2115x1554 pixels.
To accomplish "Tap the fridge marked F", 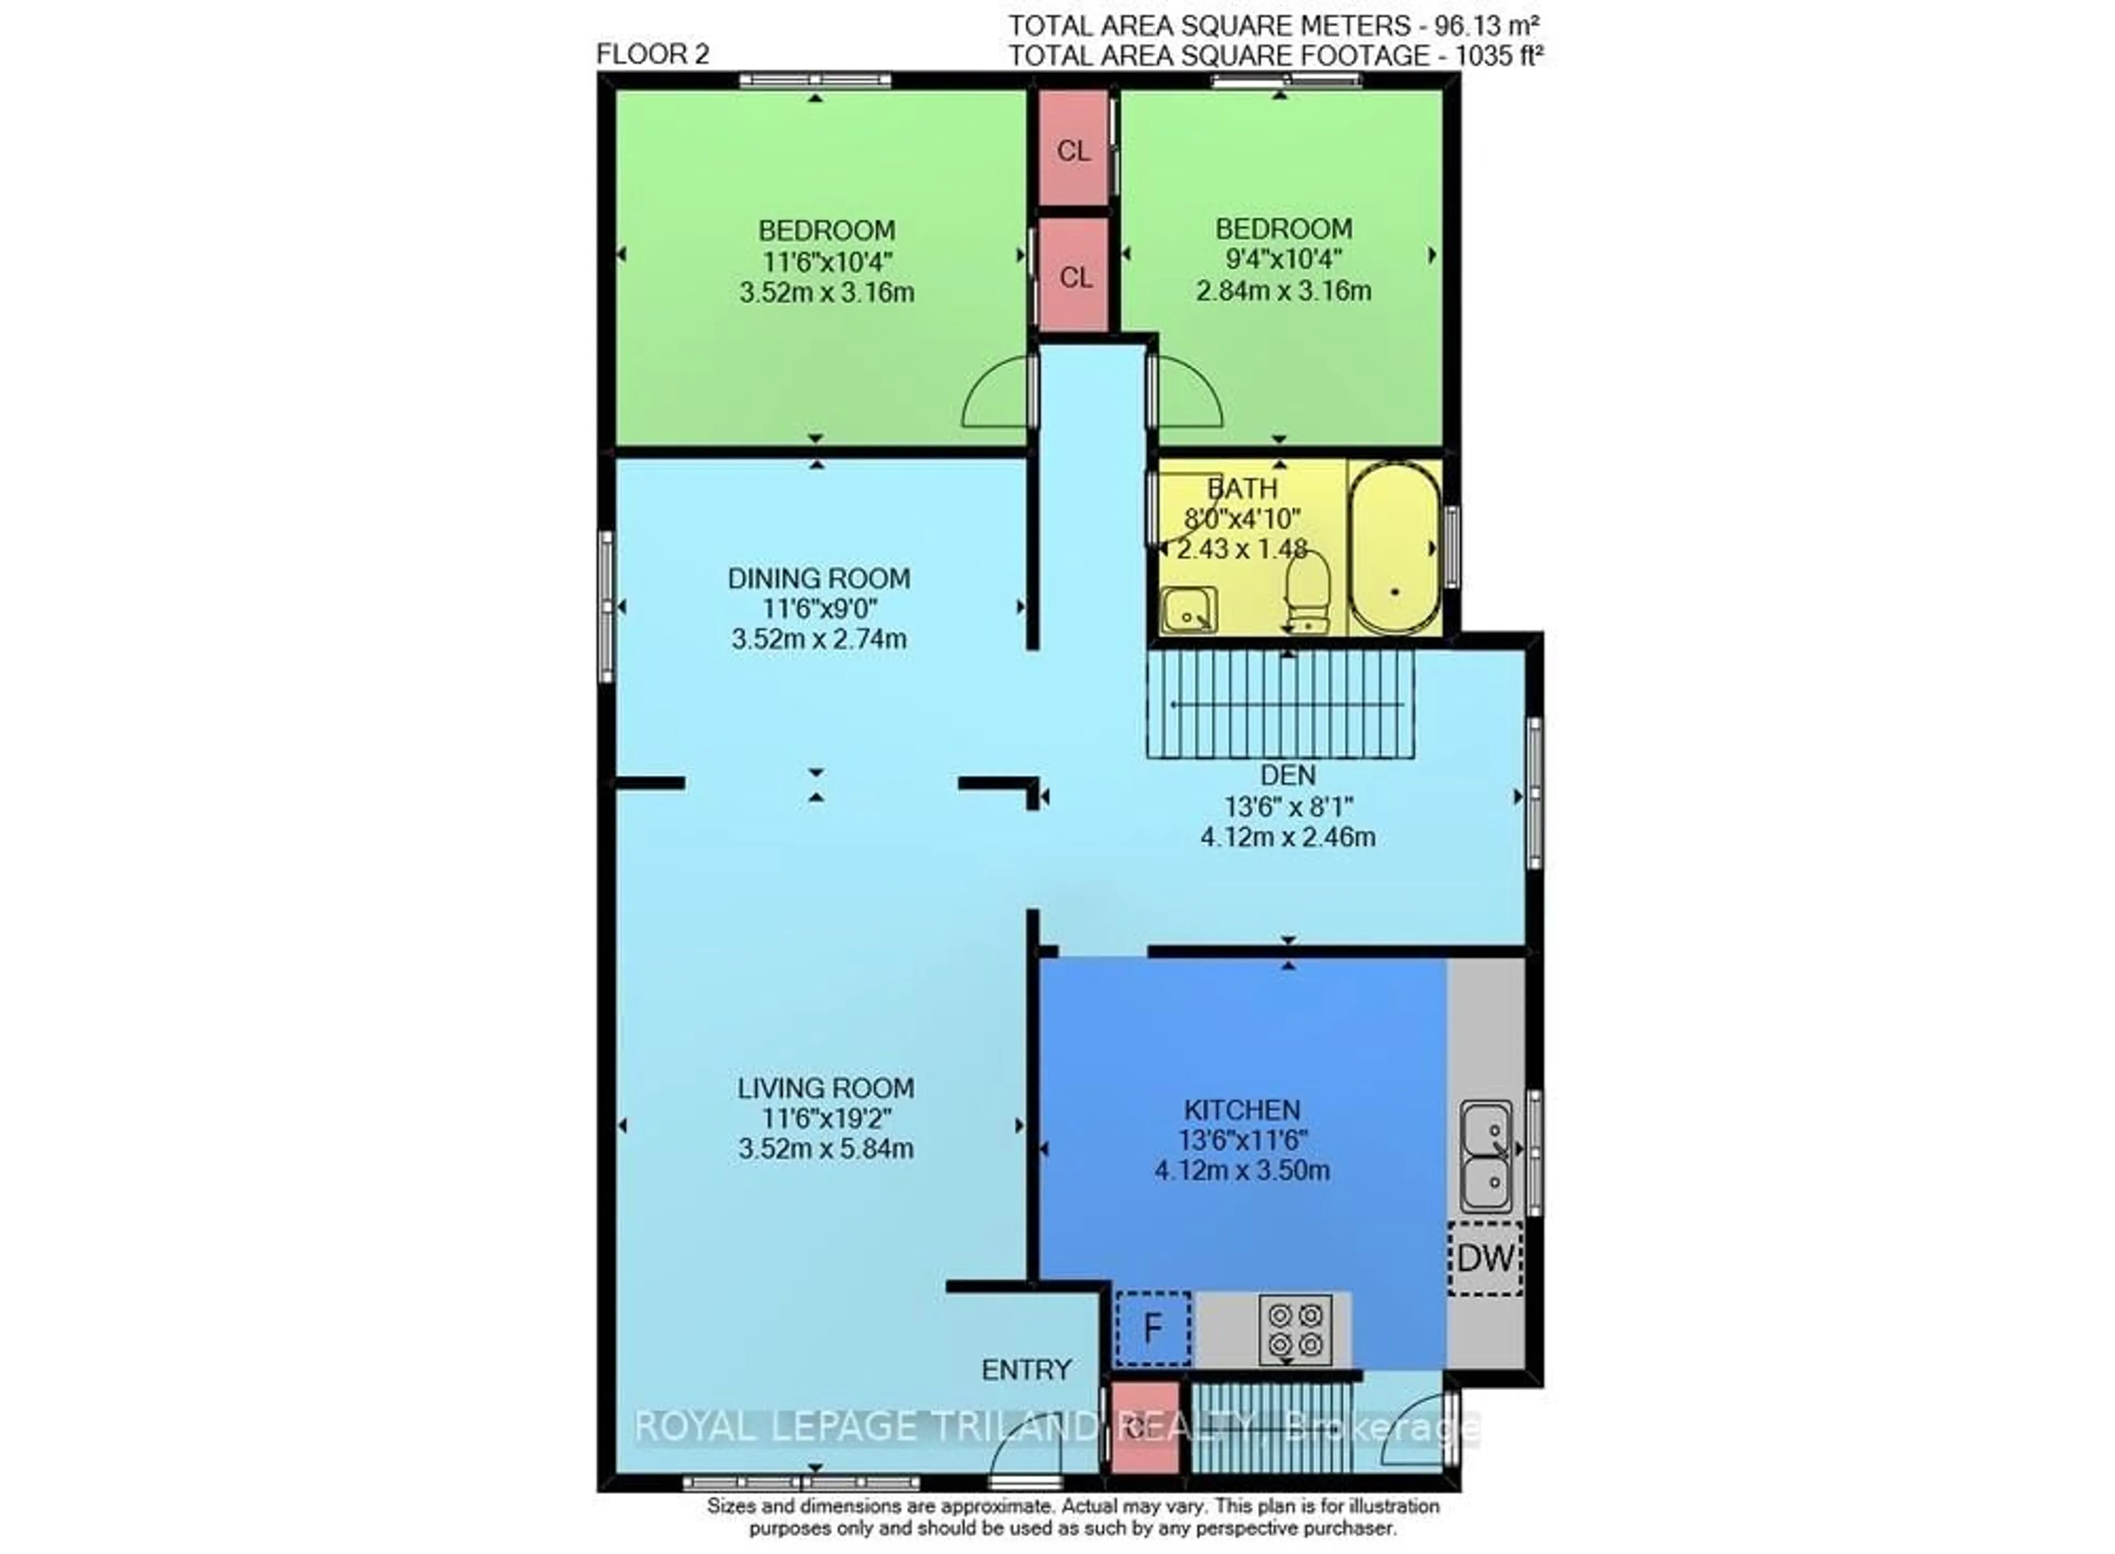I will click(x=1153, y=1329).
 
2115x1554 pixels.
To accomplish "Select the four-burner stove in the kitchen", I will click(x=1294, y=1329).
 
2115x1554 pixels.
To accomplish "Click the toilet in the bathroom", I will click(x=1308, y=591).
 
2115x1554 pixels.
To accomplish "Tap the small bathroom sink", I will click(x=1188, y=610).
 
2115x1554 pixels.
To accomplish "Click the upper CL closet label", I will click(x=1073, y=150).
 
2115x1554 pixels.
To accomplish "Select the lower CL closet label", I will click(x=1075, y=278).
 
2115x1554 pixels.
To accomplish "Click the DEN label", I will click(x=1287, y=775).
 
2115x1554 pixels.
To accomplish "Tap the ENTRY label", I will click(x=1026, y=1370).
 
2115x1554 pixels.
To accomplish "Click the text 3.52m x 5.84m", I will click(x=825, y=1149).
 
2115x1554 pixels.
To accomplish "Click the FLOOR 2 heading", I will click(x=652, y=55).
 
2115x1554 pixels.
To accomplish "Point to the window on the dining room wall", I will click(x=606, y=607).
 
